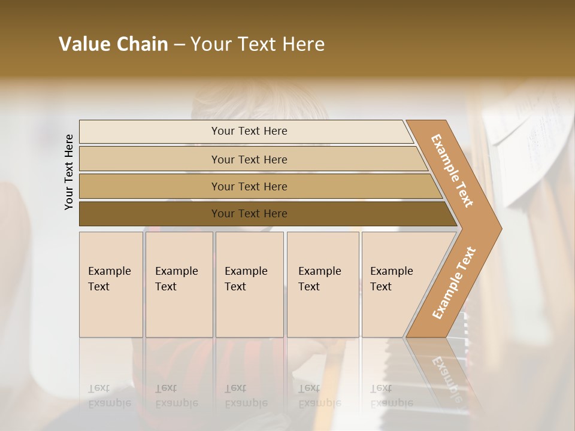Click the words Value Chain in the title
tap(113, 44)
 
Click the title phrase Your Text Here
tap(258, 44)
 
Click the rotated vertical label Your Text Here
tap(69, 172)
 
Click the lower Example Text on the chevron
tap(454, 283)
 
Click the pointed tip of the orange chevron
tap(498, 229)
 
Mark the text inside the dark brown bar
tap(249, 214)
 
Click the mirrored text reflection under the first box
tap(110, 396)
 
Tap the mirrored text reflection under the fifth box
tap(392, 396)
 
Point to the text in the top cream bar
tap(249, 131)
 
